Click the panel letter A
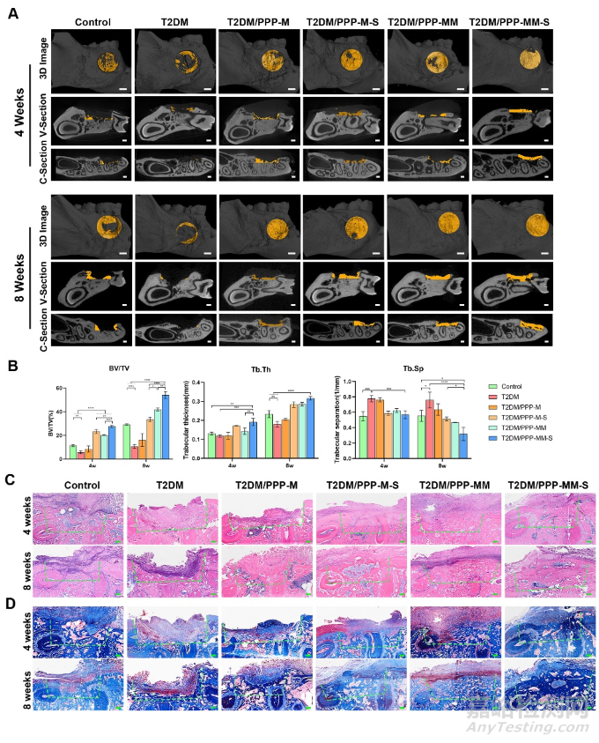pos(13,15)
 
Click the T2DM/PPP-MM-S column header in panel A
pos(513,20)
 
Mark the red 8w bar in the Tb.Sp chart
pos(429,429)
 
